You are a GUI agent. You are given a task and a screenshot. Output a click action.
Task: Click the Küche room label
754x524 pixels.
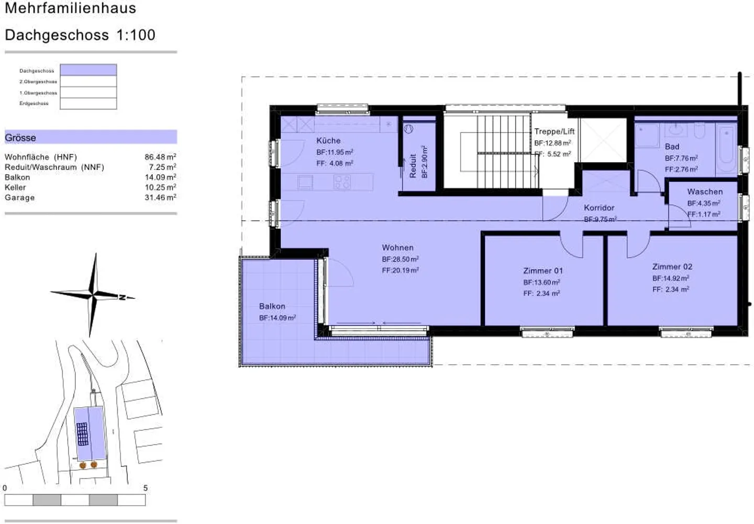point(328,141)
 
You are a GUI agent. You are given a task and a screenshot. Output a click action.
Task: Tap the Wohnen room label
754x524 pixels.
point(397,248)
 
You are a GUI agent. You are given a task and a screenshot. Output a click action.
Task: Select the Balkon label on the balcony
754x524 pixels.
point(272,306)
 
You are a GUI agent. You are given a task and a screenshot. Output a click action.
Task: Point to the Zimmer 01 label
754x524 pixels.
point(542,271)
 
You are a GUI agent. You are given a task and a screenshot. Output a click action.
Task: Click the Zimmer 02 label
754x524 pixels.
point(672,266)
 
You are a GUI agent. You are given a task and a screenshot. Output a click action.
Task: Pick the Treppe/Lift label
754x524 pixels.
point(554,131)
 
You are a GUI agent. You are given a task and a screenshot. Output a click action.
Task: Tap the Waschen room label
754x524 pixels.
point(704,192)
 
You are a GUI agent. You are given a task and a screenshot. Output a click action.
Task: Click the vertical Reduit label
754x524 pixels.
point(413,165)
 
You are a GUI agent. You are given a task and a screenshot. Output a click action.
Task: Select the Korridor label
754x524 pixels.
point(599,208)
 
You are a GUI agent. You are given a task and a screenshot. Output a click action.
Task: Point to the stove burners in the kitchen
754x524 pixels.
point(342,182)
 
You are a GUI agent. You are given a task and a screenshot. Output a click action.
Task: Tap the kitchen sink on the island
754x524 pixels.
point(305,182)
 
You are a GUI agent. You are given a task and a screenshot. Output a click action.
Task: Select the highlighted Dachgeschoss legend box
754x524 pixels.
point(88,70)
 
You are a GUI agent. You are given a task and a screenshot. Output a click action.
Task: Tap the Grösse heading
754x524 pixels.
point(20,138)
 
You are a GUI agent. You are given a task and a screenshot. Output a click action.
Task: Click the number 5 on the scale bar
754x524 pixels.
point(145,488)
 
